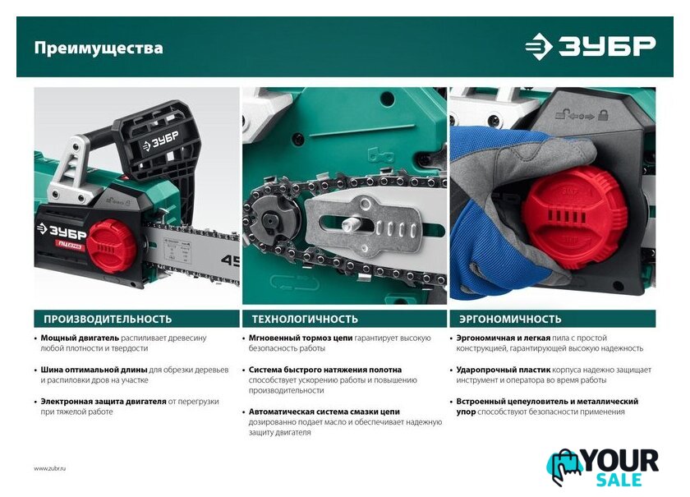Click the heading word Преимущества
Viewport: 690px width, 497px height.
tap(99, 48)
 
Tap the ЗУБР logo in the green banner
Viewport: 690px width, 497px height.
tap(590, 46)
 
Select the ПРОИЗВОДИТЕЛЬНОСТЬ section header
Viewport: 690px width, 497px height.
tap(108, 319)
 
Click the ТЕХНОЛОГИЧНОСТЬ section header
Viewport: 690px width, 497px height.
tap(305, 319)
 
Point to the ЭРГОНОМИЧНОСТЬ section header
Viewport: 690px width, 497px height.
tap(510, 319)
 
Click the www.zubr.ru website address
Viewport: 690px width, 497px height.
tap(50, 469)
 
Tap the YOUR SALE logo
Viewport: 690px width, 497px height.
tap(603, 468)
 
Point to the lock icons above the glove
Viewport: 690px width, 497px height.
tap(582, 116)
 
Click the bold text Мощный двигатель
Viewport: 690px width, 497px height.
tap(80, 338)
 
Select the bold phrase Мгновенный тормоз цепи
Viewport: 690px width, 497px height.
tap(301, 338)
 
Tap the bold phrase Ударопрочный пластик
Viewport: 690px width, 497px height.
tap(503, 370)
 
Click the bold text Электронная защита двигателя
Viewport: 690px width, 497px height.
tap(103, 402)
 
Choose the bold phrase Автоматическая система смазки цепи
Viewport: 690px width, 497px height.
tap(324, 412)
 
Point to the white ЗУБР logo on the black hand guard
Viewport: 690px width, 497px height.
tap(159, 140)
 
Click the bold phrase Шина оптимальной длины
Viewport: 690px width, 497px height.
tap(94, 370)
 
